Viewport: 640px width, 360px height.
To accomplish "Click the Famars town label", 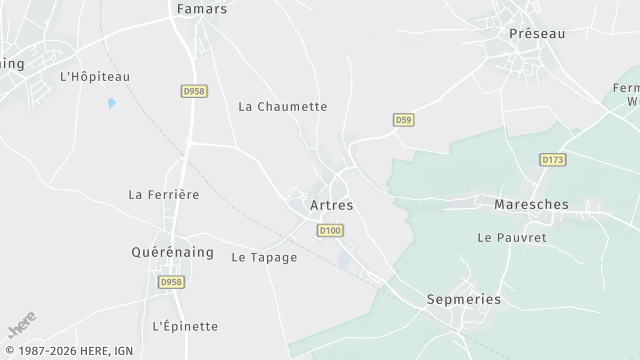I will click(201, 9).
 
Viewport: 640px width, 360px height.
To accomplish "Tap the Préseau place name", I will click(537, 33).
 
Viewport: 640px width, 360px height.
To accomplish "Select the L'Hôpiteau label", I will click(95, 76).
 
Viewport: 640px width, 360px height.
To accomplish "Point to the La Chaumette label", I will click(282, 106).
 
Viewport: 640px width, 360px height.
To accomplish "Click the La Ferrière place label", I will click(164, 194).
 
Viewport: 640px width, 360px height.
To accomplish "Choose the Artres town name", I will click(331, 205).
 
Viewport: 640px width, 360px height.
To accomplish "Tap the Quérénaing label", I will click(173, 252).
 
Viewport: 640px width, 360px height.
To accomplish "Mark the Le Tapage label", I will click(264, 257).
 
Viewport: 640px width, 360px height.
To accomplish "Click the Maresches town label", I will click(531, 204).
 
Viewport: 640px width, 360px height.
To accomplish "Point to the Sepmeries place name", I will click(463, 299).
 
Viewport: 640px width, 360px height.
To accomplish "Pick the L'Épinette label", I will click(185, 326).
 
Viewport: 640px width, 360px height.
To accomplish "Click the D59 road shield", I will click(402, 120).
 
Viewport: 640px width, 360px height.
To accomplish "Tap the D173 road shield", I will click(552, 159).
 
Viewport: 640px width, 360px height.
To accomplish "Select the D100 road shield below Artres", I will click(330, 231).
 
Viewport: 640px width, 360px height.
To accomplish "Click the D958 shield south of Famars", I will click(194, 91).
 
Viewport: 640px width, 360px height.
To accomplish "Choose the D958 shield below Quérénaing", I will click(170, 283).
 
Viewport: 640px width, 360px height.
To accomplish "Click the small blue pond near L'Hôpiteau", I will click(111, 102).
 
